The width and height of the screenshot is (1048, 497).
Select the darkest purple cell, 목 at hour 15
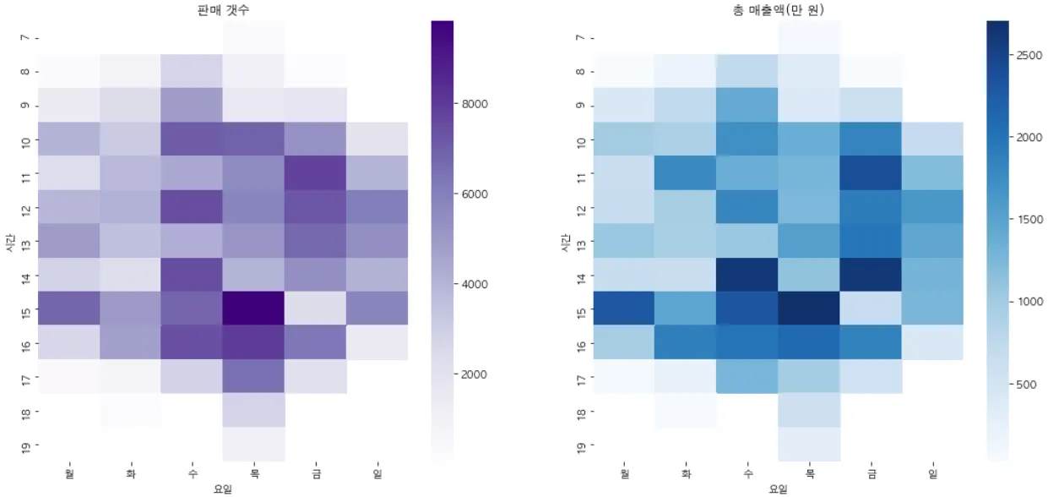click(x=254, y=309)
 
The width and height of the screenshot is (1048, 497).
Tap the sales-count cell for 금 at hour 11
click(x=316, y=172)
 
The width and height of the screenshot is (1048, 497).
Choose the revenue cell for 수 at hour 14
click(x=747, y=275)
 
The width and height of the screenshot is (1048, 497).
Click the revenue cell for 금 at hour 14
click(x=872, y=275)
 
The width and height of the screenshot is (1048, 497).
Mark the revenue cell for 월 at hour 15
click(x=624, y=309)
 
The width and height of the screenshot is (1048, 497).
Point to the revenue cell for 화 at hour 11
click(x=686, y=172)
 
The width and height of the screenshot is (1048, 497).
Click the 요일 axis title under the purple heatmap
click(x=223, y=489)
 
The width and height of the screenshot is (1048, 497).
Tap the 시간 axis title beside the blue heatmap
click(x=565, y=242)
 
